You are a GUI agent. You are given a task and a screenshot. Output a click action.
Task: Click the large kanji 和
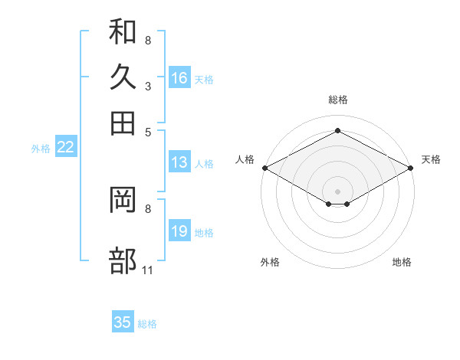pos(123,31)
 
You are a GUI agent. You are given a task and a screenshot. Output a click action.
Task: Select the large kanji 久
pos(123,77)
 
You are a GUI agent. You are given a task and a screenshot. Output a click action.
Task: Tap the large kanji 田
pos(123,123)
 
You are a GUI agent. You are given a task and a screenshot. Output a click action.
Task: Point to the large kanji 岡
pos(123,199)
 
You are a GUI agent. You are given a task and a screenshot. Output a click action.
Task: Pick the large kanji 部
pos(123,260)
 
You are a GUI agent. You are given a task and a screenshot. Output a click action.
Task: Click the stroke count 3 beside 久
pos(148,87)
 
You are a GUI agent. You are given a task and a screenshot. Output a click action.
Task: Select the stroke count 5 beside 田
pos(148,133)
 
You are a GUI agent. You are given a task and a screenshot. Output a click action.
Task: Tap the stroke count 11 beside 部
pos(147,270)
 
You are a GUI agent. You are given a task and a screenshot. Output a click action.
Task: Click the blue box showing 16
pos(179,77)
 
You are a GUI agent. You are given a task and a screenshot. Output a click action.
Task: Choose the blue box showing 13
pos(179,162)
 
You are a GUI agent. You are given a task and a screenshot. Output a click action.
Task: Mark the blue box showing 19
pos(179,230)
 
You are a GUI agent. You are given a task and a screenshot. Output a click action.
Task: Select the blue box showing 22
pos(66,146)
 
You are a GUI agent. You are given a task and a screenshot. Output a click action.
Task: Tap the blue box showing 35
pos(123,321)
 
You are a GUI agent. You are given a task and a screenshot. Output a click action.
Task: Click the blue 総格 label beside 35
pos(147,324)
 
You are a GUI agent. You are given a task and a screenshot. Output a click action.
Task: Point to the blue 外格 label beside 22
pos(41,149)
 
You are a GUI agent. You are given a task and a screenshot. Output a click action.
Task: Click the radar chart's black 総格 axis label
pos(338,100)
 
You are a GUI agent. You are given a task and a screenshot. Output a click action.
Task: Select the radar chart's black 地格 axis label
pos(402,262)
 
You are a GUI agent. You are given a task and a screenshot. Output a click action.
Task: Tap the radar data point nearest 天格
pos(411,168)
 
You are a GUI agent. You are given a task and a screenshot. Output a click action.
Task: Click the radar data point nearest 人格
pos(265,168)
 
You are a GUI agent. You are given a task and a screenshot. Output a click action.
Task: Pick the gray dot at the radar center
pos(337,191)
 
